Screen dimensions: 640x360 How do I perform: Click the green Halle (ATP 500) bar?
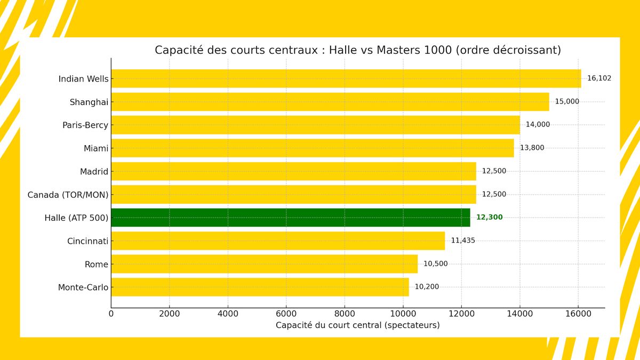tap(291, 218)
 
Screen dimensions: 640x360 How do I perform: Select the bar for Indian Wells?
tap(346, 78)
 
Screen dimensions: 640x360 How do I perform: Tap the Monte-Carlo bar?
tap(260, 287)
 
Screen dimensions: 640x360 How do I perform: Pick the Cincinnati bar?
tap(278, 241)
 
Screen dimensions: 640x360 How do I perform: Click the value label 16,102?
tap(599, 78)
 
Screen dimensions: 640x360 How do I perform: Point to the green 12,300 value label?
tap(489, 217)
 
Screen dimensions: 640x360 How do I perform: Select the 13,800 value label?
tap(532, 148)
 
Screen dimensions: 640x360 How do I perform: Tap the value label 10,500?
tap(435, 263)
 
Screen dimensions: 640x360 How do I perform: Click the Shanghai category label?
tap(89, 102)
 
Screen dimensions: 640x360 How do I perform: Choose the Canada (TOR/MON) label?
tap(68, 195)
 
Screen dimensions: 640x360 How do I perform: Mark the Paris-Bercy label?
tap(85, 125)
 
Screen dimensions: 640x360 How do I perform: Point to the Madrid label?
tap(94, 171)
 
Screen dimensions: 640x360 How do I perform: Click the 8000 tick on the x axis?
tap(345, 314)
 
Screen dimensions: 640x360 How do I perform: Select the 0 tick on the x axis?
tap(111, 314)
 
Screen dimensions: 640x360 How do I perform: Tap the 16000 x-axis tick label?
tap(578, 314)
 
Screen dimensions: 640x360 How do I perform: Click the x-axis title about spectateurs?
tap(357, 325)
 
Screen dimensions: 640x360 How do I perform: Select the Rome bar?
tap(265, 263)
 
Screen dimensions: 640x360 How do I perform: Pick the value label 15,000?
tap(567, 101)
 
